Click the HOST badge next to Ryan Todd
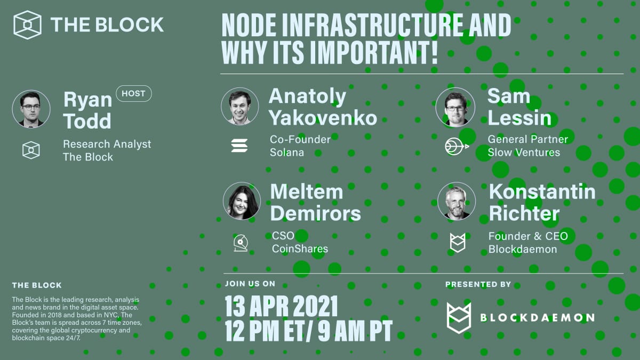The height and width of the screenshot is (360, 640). (133, 93)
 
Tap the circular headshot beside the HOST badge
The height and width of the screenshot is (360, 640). (31, 109)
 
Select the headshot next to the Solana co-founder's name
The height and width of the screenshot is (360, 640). (239, 106)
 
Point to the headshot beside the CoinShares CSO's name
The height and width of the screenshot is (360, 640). (242, 201)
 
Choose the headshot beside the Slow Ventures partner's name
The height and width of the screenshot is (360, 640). (455, 106)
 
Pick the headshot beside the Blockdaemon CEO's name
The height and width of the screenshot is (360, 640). (457, 201)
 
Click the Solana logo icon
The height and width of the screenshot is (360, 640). (239, 145)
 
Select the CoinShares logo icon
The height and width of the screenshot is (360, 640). (240, 243)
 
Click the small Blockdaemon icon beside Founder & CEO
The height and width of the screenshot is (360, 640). (457, 243)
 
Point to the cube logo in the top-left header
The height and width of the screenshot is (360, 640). (28, 25)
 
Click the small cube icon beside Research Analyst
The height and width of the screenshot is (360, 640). (31, 150)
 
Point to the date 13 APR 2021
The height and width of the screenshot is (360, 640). (281, 306)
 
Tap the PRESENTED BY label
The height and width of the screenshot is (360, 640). (478, 284)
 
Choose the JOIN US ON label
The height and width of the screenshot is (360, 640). (250, 284)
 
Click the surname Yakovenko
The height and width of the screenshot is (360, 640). (323, 117)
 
